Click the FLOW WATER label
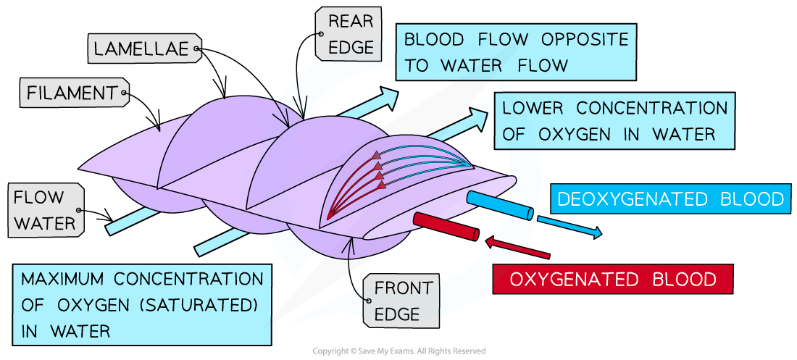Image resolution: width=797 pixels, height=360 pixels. (45, 210)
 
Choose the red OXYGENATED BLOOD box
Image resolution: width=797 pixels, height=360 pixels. (612, 279)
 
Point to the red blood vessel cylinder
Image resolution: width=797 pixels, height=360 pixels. (446, 226)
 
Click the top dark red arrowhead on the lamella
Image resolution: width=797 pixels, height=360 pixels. (377, 155)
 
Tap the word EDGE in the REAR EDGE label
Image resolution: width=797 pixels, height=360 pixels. (351, 47)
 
